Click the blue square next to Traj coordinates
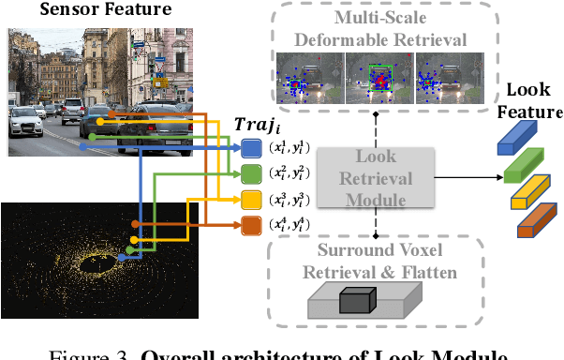tap(252, 147)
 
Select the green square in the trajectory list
tap(252, 173)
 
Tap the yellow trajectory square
tap(252, 199)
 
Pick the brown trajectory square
tap(252, 225)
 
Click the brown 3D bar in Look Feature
tap(536, 222)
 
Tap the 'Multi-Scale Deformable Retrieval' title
tap(378, 29)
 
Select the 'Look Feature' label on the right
tap(535, 100)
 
